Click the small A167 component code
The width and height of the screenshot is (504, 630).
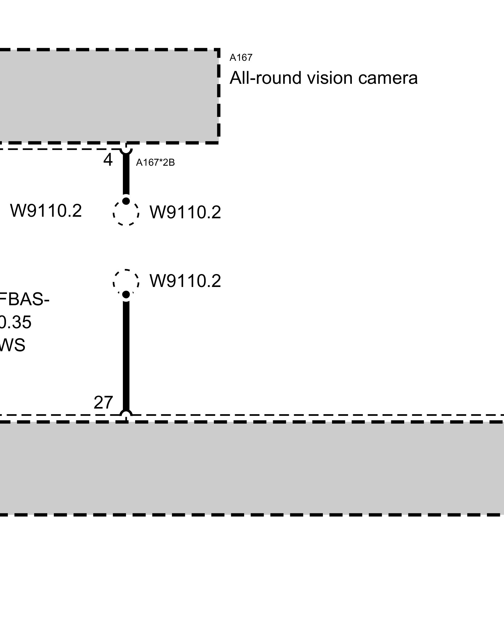(x=241, y=58)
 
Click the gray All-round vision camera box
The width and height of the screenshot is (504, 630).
(x=107, y=96)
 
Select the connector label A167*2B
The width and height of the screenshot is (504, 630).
(x=155, y=163)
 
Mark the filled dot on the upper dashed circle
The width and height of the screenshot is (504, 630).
(x=126, y=201)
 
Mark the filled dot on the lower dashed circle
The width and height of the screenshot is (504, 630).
(x=126, y=295)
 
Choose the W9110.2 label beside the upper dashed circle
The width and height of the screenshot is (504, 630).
(x=185, y=212)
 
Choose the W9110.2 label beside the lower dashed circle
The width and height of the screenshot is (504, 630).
(x=185, y=281)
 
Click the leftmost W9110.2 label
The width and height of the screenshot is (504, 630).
(x=46, y=211)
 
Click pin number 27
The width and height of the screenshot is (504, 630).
(x=103, y=403)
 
